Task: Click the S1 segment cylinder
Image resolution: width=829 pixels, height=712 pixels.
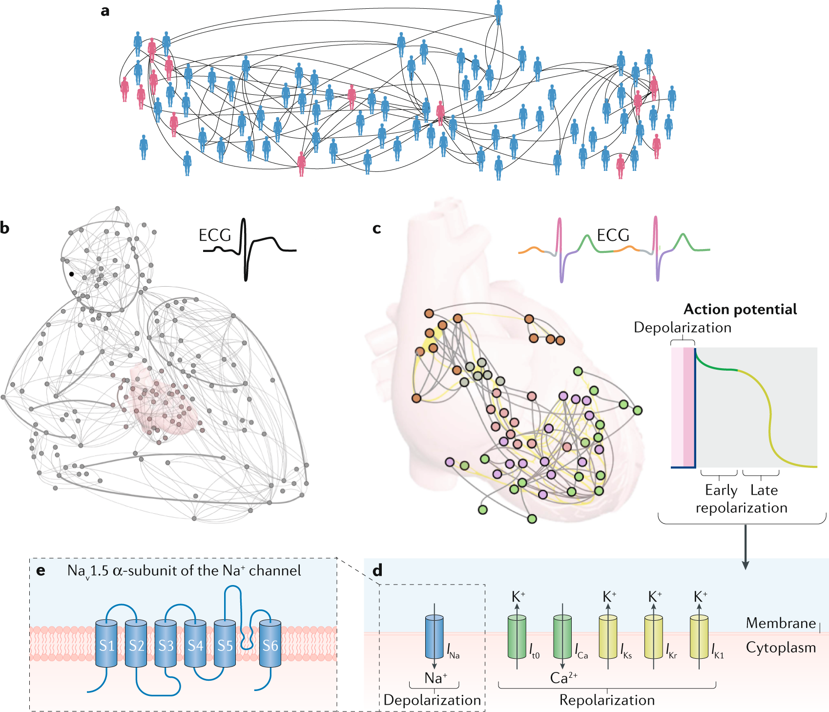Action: pos(106,644)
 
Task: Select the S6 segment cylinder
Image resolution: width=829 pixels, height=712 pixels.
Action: pos(270,644)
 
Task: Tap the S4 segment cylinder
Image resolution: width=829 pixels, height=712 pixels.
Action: pos(195,644)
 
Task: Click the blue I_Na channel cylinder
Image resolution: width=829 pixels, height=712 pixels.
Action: pos(435,637)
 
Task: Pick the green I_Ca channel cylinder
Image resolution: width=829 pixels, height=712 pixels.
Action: pos(562,637)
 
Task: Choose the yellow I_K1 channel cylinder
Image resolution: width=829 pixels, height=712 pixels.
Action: pos(699,637)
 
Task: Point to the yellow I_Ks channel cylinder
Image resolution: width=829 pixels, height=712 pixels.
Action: pos(608,637)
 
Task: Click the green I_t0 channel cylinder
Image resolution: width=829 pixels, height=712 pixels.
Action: pos(517,637)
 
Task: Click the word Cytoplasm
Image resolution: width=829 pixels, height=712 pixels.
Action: pos(781,648)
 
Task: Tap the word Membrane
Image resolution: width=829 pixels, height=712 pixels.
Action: pos(781,623)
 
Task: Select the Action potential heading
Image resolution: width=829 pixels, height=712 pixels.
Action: pos(740,309)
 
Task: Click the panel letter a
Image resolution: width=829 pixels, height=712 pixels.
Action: pos(105,11)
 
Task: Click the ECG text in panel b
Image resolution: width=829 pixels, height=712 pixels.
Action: pos(214,235)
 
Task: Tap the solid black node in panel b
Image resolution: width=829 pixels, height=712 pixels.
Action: pos(71,274)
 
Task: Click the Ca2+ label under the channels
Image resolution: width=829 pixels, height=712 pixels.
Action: pos(563,678)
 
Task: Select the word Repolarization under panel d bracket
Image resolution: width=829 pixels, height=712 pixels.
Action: pos(607,700)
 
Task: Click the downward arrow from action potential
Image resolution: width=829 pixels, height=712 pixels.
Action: pos(745,547)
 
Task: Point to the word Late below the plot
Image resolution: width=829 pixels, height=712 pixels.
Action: pos(764,490)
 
